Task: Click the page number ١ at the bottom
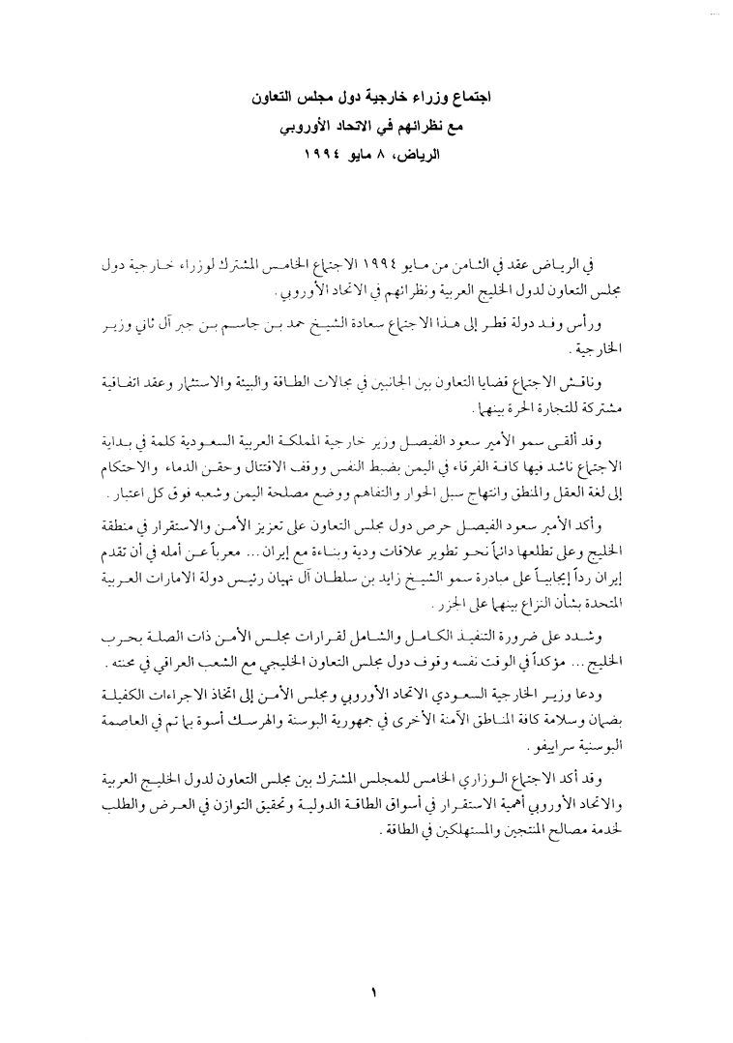click(x=371, y=993)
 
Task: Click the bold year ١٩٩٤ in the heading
click(x=333, y=153)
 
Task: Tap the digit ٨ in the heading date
click(x=404, y=153)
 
